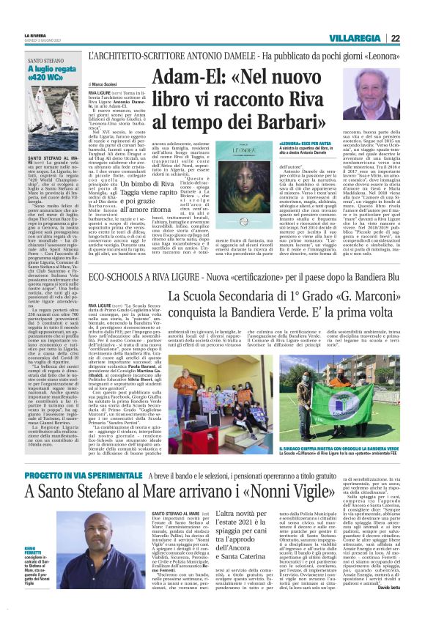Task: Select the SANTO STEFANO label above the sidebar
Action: pyautogui.click(x=45, y=61)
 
